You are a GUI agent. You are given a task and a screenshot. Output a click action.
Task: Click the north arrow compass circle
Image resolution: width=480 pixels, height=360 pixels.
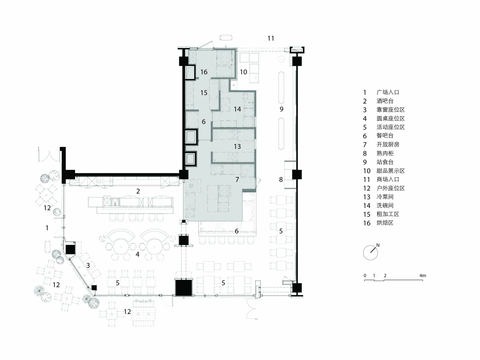(x=363, y=253)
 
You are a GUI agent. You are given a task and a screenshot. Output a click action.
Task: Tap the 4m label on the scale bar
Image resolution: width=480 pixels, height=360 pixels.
(x=422, y=276)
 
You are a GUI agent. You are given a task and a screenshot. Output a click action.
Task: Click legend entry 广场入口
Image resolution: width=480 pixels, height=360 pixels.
(x=388, y=92)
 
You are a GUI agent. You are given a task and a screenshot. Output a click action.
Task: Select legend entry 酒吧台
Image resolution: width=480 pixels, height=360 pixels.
(x=385, y=101)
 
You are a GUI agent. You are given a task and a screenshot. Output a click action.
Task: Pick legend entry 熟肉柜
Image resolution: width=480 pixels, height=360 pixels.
(x=385, y=153)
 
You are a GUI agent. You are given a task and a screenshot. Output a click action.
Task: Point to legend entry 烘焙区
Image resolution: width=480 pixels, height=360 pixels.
(x=385, y=223)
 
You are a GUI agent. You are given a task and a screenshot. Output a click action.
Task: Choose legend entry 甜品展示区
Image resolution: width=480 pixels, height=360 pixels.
(x=391, y=171)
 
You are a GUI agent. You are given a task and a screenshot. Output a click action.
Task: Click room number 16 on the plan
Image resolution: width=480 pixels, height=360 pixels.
(x=204, y=72)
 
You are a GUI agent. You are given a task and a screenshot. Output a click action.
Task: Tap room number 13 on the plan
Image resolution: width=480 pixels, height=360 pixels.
(x=237, y=146)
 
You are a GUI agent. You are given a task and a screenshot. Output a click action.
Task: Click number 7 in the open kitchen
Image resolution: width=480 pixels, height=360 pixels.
(x=237, y=179)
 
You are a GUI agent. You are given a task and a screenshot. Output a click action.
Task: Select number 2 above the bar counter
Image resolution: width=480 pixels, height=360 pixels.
(x=138, y=191)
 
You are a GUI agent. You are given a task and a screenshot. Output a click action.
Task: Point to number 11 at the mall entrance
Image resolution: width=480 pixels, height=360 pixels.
(x=271, y=38)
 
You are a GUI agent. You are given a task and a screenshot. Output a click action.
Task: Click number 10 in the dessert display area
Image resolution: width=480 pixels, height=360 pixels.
(x=243, y=72)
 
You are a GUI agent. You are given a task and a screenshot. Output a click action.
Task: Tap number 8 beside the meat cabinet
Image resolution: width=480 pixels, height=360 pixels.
(x=281, y=179)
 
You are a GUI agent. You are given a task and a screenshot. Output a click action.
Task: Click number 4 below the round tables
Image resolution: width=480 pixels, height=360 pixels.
(x=137, y=254)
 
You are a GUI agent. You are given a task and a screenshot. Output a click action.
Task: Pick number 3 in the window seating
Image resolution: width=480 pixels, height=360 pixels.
(x=88, y=265)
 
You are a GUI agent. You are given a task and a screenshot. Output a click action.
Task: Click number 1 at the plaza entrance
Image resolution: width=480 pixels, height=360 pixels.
(x=47, y=228)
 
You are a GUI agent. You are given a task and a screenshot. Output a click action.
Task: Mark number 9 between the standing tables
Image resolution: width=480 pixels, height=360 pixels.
(x=281, y=109)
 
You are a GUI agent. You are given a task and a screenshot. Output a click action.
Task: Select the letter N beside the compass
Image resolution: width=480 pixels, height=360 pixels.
(x=378, y=245)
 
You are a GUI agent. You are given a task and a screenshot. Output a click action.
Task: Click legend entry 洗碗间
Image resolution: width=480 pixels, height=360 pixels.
(x=385, y=205)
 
